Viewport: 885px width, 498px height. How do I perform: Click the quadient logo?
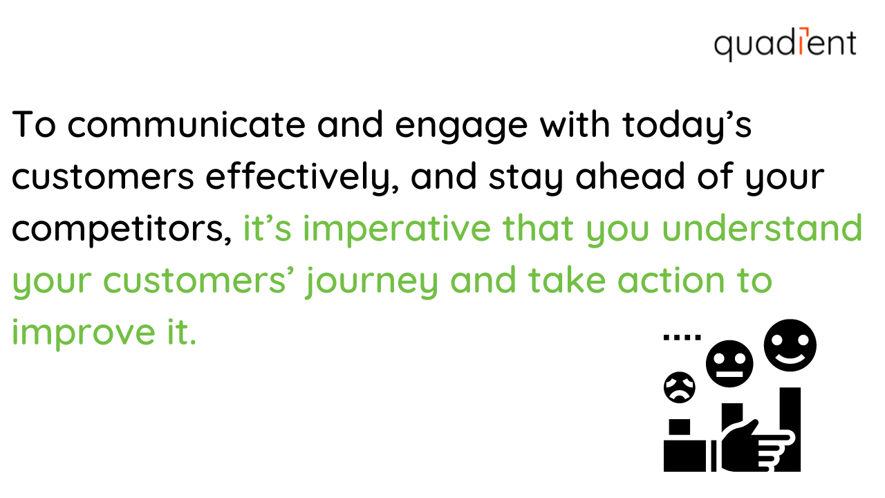click(x=785, y=44)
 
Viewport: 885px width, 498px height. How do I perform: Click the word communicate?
click(x=187, y=124)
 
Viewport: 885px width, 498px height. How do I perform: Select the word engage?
click(x=461, y=127)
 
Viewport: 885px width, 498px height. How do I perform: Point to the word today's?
click(x=687, y=126)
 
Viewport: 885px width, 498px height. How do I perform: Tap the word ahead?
click(x=630, y=176)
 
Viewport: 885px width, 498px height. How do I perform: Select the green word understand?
click(x=762, y=228)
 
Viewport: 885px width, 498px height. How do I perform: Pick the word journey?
click(x=371, y=282)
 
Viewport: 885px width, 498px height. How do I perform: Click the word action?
click(x=671, y=280)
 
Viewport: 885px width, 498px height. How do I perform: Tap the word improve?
click(x=84, y=333)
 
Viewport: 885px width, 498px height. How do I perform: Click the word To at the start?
click(x=34, y=124)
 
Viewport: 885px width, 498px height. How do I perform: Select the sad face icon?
click(x=680, y=387)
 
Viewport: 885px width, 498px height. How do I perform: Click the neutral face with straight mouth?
click(x=729, y=364)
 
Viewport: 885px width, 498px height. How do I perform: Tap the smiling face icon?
click(x=790, y=345)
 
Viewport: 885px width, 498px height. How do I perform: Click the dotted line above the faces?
click(x=682, y=338)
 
